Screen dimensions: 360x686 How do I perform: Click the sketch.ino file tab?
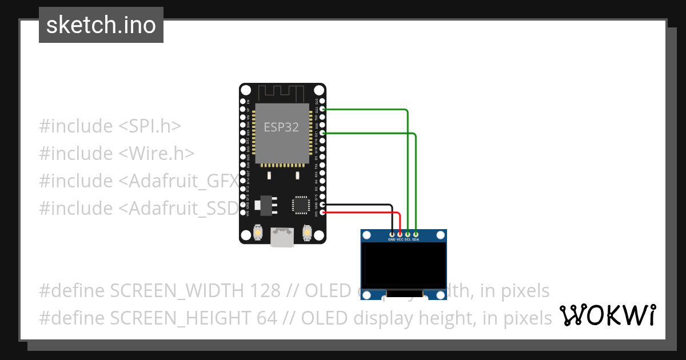point(101,25)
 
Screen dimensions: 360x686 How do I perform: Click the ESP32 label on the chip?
point(281,127)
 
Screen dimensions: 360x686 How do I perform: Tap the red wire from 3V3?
point(366,213)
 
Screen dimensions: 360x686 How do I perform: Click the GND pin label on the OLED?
point(392,240)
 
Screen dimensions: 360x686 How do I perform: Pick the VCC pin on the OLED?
point(400,240)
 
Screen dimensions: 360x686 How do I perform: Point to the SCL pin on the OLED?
point(408,240)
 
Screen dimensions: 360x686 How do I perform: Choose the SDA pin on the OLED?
point(416,240)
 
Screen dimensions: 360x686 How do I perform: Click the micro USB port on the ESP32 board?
point(282,237)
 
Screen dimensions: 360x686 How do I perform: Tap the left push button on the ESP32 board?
point(258,233)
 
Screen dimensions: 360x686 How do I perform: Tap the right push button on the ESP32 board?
point(307,233)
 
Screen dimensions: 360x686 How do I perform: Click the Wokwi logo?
point(607,315)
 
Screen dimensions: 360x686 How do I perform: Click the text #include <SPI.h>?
point(110,126)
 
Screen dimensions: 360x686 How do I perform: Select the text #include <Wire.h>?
point(117,153)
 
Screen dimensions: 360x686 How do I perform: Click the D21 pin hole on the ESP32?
point(323,133)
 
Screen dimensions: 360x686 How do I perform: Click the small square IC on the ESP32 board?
point(301,205)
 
